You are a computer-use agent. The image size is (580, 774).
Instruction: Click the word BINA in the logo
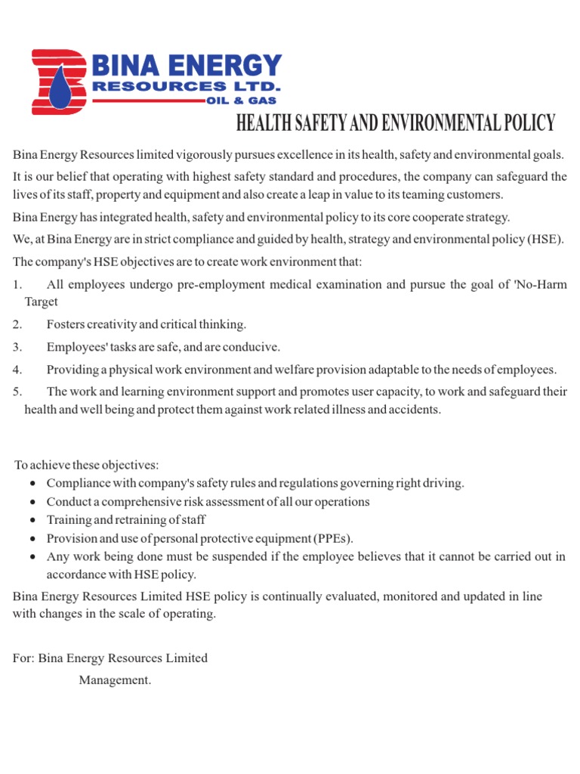point(125,67)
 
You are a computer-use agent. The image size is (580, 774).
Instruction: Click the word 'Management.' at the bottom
point(115,680)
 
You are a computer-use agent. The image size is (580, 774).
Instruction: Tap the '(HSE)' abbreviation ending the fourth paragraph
point(547,240)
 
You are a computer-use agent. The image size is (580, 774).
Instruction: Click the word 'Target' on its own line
point(41,302)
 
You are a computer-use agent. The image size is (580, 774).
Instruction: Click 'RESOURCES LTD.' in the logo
point(186,87)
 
